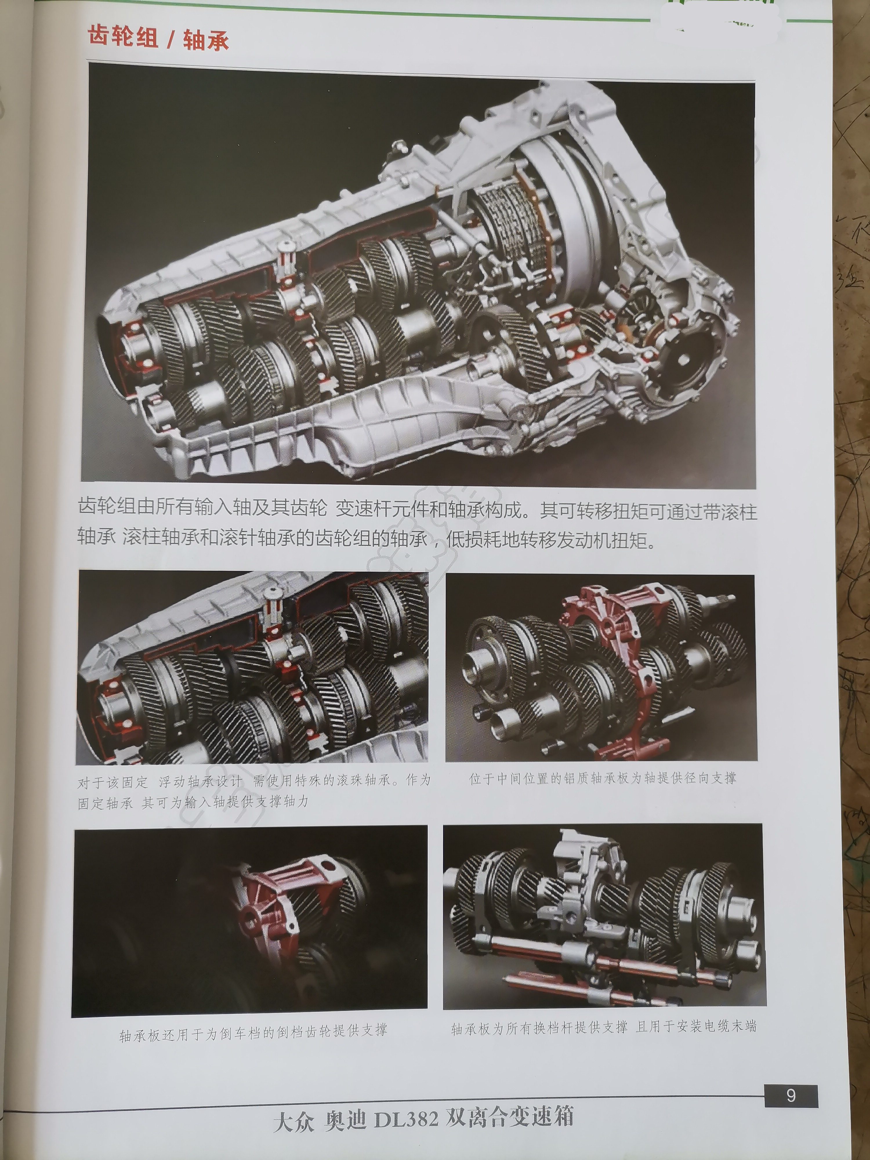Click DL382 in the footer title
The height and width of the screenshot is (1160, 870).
(406, 1118)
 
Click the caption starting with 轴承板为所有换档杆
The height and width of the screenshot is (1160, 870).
(603, 1027)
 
